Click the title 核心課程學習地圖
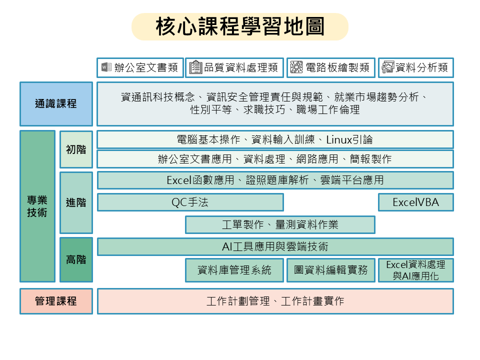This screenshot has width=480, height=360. click(x=240, y=26)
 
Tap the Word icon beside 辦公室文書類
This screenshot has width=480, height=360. click(x=106, y=67)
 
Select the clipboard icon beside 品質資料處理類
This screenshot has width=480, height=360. click(x=195, y=67)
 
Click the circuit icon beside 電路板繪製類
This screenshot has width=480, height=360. click(x=296, y=67)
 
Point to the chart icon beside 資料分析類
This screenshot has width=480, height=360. click(x=388, y=67)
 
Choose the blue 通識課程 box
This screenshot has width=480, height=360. click(x=56, y=104)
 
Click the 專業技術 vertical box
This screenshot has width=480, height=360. click(x=37, y=206)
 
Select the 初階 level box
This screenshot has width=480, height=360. click(x=76, y=149)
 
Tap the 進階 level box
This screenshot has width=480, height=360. click(x=76, y=202)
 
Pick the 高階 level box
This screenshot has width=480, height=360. click(x=76, y=259)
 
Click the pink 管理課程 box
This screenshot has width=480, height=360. click(x=56, y=301)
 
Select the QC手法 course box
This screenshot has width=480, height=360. click(x=190, y=202)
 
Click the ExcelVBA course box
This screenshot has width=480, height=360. click(x=415, y=202)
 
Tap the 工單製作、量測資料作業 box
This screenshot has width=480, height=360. click(x=280, y=224)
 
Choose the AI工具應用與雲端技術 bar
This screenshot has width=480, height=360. click(x=275, y=246)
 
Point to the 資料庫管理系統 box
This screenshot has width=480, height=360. click(x=234, y=270)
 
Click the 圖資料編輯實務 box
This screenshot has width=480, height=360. click(x=331, y=270)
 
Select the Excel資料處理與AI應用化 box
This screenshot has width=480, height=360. click(x=415, y=270)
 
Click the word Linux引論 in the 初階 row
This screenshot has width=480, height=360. click(x=349, y=140)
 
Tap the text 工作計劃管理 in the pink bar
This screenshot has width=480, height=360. click(x=238, y=301)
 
